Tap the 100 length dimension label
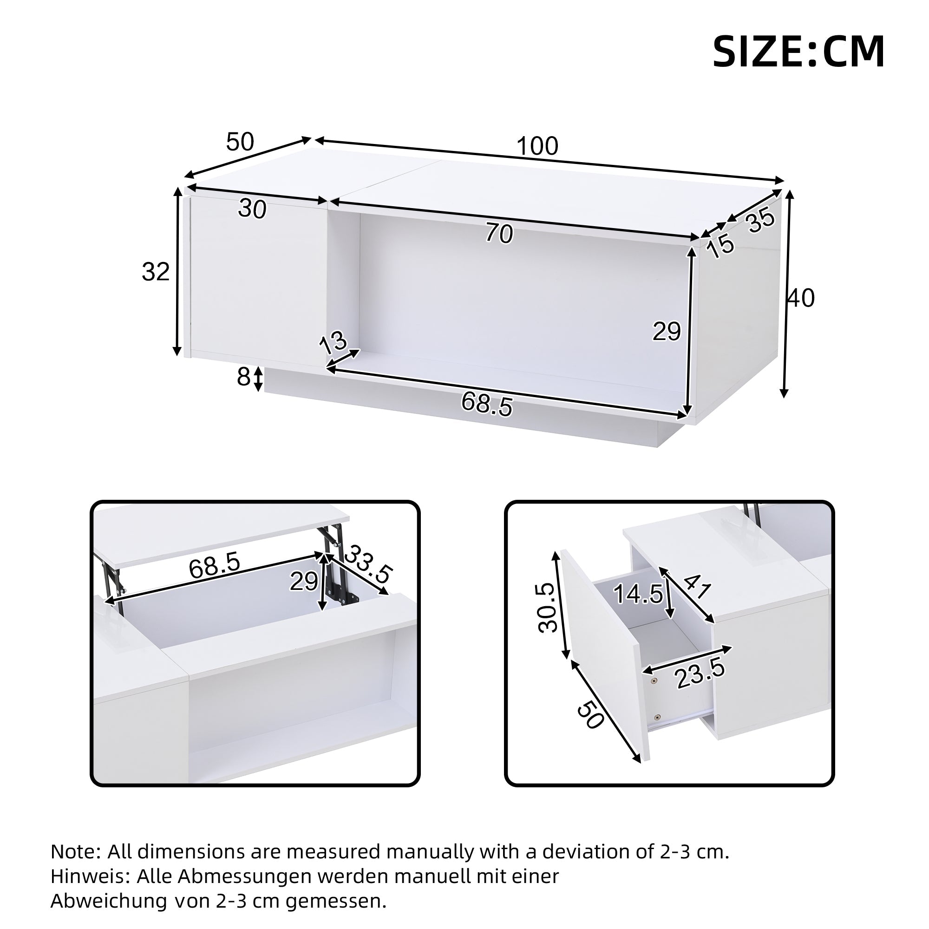coord(537,146)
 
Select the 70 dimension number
coord(499,234)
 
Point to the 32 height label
coord(156,272)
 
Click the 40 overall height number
coord(801,299)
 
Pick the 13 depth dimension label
coord(333,342)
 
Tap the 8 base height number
coord(243,378)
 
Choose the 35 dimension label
coord(761,221)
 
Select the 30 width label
coord(252,209)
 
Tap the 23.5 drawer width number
coord(700,674)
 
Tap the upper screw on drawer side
coord(654,680)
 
